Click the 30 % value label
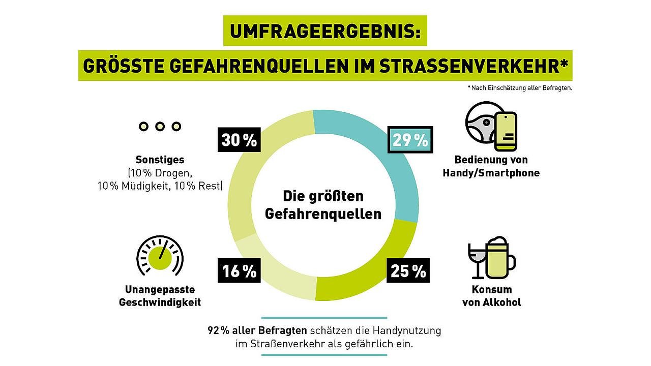[x=239, y=139]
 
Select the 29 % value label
[x=410, y=139]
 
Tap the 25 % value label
[x=408, y=271]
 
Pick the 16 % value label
[x=239, y=271]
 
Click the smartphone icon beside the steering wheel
[x=506, y=131]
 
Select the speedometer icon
[x=160, y=254]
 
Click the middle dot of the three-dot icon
[x=160, y=126]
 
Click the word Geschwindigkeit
[x=160, y=302]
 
